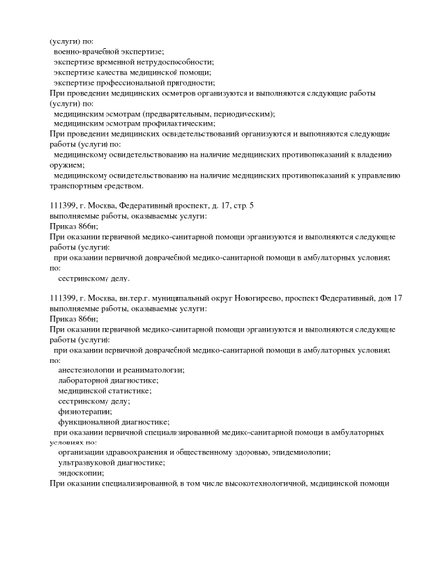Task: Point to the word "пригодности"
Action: point(186,82)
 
